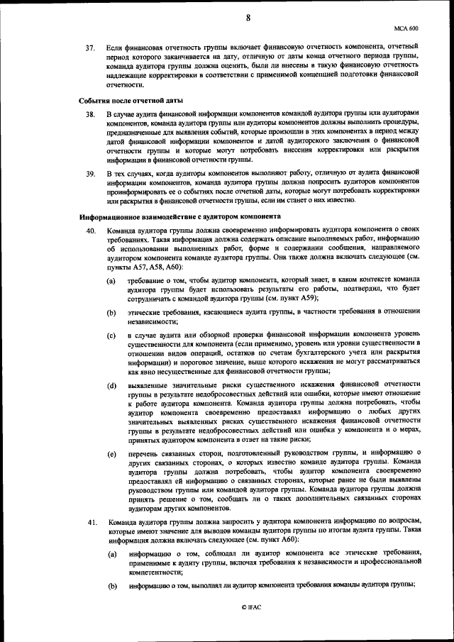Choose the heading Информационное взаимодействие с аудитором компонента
pyautogui.click(x=179, y=216)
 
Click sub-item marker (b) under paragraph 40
pyautogui.click(x=111, y=311)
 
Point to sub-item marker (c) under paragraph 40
pyautogui.click(x=111, y=334)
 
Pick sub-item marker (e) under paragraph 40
pyautogui.click(x=111, y=453)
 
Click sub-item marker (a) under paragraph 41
pyautogui.click(x=112, y=553)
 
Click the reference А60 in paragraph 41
pyautogui.click(x=283, y=540)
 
